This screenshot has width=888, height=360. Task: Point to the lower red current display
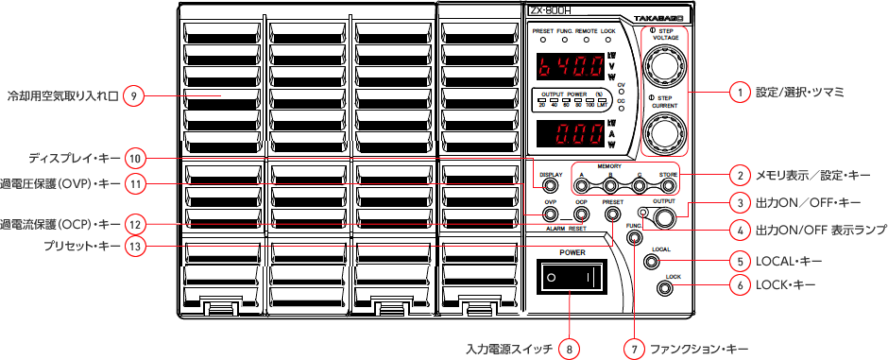point(568,133)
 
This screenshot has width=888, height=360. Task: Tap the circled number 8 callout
point(569,348)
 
